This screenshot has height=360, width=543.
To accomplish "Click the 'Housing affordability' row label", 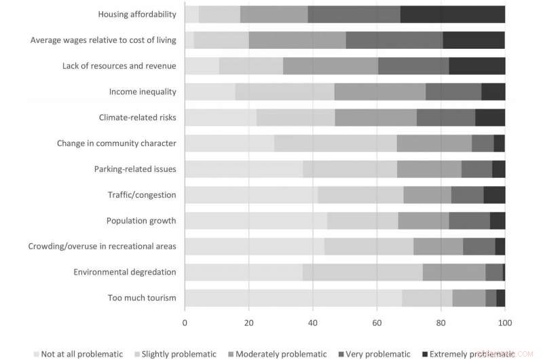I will (x=137, y=14).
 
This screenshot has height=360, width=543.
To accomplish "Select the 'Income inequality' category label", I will (x=143, y=92).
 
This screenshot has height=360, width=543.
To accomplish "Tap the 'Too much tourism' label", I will (x=142, y=298).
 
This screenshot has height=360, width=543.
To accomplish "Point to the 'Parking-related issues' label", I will (x=135, y=169).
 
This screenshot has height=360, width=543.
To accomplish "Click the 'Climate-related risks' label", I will (x=137, y=118).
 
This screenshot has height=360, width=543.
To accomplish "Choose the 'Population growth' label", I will (x=141, y=221).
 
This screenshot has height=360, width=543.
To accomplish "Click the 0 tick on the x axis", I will (x=185, y=323).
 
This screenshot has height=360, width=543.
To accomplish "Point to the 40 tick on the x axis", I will (x=313, y=323).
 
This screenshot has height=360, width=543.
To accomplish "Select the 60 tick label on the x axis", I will (x=377, y=323).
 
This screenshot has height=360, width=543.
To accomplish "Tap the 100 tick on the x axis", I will (x=504, y=323).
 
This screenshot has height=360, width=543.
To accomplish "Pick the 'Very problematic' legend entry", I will (x=377, y=354).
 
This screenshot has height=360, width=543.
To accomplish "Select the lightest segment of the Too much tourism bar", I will (x=293, y=298).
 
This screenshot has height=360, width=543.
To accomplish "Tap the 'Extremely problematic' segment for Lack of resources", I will (x=476, y=66).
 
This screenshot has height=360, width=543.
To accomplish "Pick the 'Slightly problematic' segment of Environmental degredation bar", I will (x=362, y=272).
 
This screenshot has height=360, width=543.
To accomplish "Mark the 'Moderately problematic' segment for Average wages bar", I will (x=297, y=40).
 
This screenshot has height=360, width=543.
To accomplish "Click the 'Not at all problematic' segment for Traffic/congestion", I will (x=251, y=195).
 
